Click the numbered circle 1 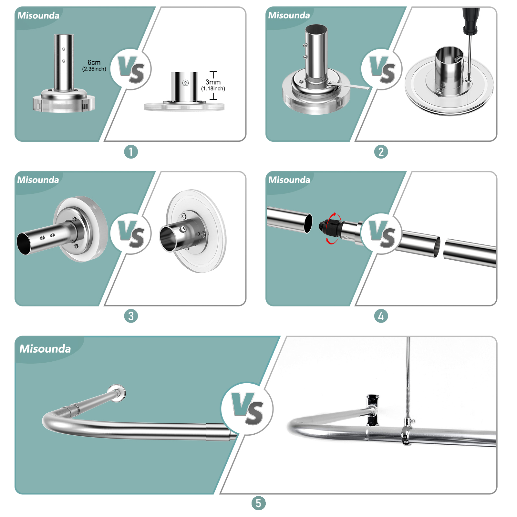pos(131,152)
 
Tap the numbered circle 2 pos(381,152)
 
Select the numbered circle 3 pos(131,316)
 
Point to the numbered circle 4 pos(381,316)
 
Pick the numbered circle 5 pos(258,503)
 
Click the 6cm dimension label pos(94,62)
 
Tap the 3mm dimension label pos(213,82)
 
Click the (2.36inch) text pos(94,69)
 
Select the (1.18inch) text pos(213,88)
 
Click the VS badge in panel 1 pos(131,69)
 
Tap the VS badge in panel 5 pos(247,408)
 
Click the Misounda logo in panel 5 pos(45,349)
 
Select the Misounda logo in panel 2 pos(289,15)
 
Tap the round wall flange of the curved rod pos(117,393)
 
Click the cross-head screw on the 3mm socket pos(185,83)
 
